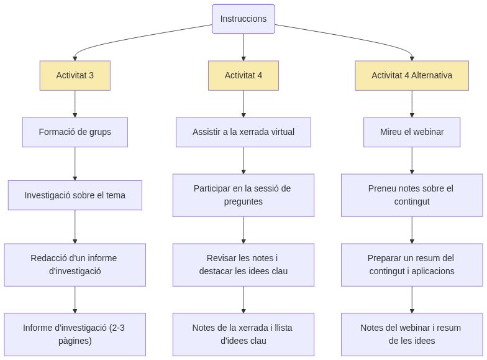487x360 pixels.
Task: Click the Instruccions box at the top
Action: click(x=243, y=19)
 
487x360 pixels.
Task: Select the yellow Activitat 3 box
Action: click(x=75, y=75)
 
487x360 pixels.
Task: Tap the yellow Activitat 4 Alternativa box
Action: click(x=412, y=75)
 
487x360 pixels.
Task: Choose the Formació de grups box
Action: click(x=75, y=132)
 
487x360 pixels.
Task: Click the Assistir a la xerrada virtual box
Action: click(x=243, y=132)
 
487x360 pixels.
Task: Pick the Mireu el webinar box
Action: click(x=412, y=132)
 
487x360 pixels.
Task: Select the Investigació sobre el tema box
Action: click(x=75, y=195)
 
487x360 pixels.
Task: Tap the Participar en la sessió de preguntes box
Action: click(x=243, y=195)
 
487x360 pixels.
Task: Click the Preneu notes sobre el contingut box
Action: click(x=412, y=195)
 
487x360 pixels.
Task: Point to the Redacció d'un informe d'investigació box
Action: click(x=75, y=264)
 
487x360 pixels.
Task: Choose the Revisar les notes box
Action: click(x=243, y=264)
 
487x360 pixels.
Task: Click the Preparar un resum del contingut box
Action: click(x=412, y=264)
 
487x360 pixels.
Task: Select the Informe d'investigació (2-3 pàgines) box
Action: click(x=75, y=334)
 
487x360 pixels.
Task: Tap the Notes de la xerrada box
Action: click(x=243, y=334)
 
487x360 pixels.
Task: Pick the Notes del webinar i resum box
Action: click(x=412, y=334)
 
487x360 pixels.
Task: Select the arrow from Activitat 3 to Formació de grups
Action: click(x=75, y=104)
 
